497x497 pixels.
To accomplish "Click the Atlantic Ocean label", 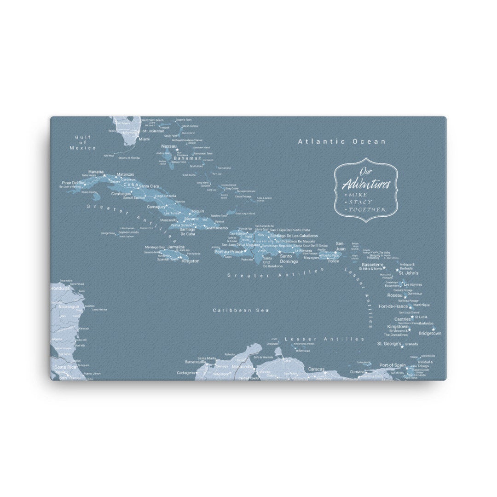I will pyautogui.click(x=341, y=141).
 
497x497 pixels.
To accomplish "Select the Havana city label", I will pyautogui.click(x=95, y=172).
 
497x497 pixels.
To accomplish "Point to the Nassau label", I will pyautogui.click(x=169, y=146).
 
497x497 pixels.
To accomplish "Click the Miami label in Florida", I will pyautogui.click(x=144, y=139).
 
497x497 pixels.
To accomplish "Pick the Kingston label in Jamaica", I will pyautogui.click(x=191, y=261).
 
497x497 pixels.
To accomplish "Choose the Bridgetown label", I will pyautogui.click(x=430, y=333).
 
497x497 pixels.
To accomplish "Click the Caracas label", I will pyautogui.click(x=316, y=369).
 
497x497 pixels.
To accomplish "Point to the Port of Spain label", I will pyautogui.click(x=393, y=365).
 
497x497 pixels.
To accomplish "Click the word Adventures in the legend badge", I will pyautogui.click(x=366, y=185).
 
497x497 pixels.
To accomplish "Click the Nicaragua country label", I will pyautogui.click(x=69, y=306).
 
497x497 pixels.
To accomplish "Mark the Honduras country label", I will pyautogui.click(x=60, y=288).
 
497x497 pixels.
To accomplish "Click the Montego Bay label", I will pyautogui.click(x=155, y=248).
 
